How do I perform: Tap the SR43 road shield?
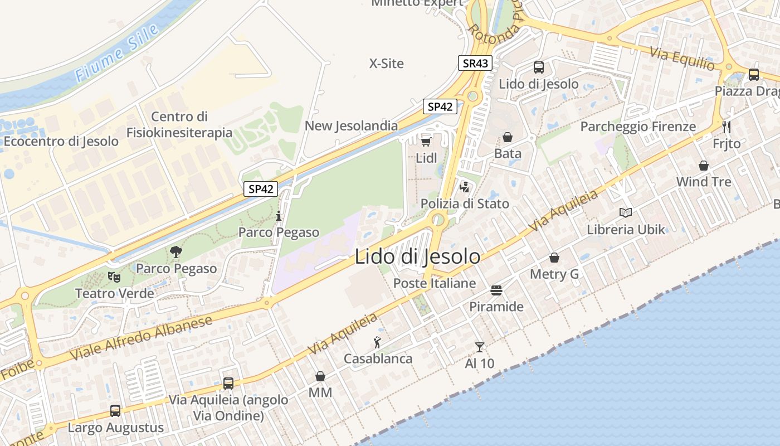point(475,63)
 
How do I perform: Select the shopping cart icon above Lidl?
point(426,141)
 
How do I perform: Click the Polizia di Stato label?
point(465,203)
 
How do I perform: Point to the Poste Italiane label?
point(435,283)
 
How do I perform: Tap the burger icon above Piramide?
point(496,290)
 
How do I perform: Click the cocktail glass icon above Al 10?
point(479,347)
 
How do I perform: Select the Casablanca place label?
point(378,358)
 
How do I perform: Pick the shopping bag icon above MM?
point(320,376)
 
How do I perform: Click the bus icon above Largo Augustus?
point(115,411)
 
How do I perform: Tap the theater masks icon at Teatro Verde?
point(114,277)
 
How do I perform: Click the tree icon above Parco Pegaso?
point(176,252)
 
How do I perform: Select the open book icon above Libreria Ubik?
point(626,212)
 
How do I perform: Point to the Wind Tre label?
point(704,182)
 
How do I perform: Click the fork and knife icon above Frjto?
point(727,127)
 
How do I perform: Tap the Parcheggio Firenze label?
point(638,127)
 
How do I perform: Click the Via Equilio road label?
point(682,57)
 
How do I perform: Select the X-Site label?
point(387,64)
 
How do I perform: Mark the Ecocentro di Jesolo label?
point(61,141)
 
